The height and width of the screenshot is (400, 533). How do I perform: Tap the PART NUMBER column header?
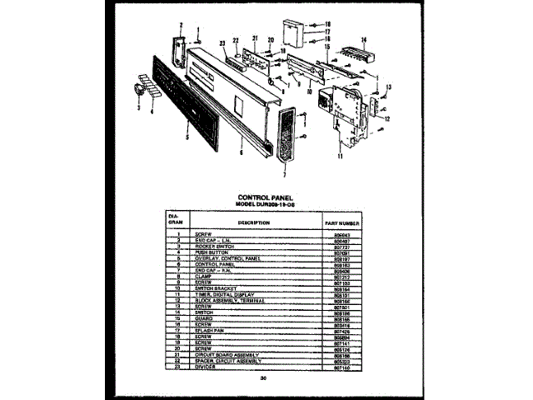(x=341, y=222)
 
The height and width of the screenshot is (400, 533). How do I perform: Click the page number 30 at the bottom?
(x=263, y=377)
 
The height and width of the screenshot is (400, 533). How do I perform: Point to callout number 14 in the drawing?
(x=363, y=39)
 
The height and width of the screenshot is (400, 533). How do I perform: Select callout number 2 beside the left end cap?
(x=181, y=26)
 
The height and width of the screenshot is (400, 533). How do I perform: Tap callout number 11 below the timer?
(x=341, y=156)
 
